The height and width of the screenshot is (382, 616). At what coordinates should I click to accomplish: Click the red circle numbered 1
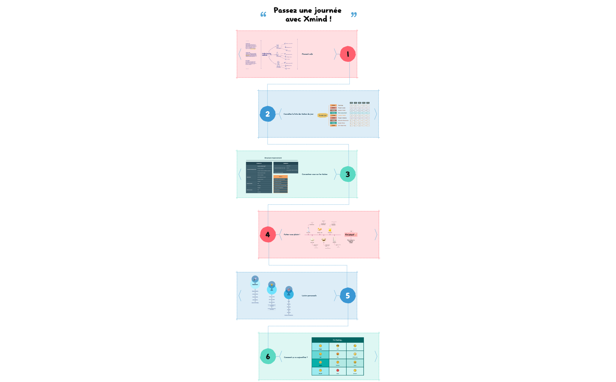pos(348,54)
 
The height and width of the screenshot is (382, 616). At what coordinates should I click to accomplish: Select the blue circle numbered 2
pos(267,114)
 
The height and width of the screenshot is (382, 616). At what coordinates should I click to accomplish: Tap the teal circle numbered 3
pos(348,174)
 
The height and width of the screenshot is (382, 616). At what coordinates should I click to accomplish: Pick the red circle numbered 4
pos(268,234)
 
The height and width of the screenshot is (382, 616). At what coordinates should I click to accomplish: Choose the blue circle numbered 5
pos(348,296)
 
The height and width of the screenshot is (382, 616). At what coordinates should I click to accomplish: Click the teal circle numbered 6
pos(268,356)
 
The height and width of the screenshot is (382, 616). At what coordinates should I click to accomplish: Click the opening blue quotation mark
pos(263,14)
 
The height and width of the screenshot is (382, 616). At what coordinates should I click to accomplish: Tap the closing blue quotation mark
pos(354,15)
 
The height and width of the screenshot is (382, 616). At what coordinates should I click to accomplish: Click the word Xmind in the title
pos(315,19)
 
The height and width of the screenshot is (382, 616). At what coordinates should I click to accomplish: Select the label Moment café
pos(307,54)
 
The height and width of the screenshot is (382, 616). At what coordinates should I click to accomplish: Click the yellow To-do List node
pos(323,115)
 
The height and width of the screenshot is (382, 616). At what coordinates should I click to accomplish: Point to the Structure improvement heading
pos(273,158)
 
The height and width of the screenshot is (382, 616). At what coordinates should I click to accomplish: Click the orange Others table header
pos(281,177)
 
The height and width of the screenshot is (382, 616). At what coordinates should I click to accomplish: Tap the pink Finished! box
pos(350,235)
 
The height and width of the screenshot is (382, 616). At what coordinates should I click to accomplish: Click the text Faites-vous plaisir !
pos(292,234)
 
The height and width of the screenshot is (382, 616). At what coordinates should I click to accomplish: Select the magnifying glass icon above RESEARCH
pos(255,279)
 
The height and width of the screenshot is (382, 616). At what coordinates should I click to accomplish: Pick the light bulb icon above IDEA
pos(272,285)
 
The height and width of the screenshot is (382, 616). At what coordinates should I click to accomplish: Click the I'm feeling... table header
pos(337,340)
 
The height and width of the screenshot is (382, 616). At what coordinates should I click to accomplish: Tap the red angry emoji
pos(337,370)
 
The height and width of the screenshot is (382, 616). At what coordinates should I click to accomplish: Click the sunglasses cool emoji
pos(337,346)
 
